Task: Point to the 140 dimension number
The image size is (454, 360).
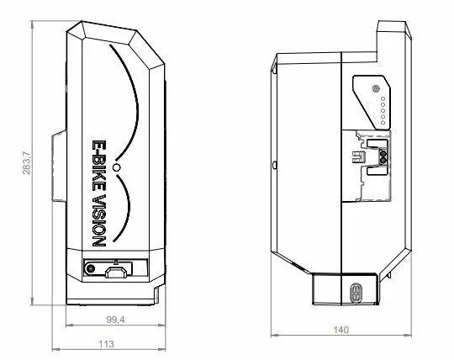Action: click(x=340, y=330)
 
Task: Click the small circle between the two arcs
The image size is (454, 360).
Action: click(x=118, y=169)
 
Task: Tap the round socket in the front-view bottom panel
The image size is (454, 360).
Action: click(x=90, y=271)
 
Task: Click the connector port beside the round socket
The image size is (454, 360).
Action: click(x=118, y=271)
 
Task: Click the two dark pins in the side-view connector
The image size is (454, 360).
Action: click(x=383, y=155)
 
